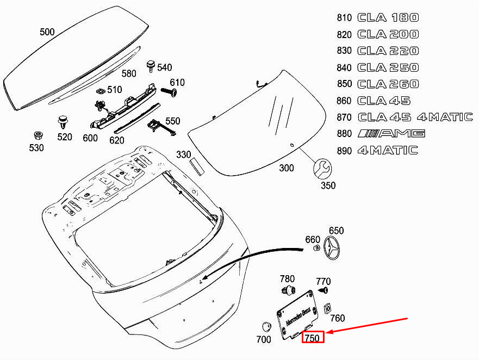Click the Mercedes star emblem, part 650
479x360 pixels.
(332, 248)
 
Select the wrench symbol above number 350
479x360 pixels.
(322, 169)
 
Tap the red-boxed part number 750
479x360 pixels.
(313, 337)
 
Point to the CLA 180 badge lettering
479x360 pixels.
(388, 17)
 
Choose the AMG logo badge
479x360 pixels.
(391, 133)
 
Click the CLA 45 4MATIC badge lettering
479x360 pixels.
(415, 117)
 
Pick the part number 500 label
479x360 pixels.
(47, 32)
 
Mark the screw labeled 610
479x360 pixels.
(169, 92)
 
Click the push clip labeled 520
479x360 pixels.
(63, 122)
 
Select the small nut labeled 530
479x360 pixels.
(38, 135)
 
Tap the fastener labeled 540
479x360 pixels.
(151, 66)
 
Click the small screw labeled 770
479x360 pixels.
(324, 290)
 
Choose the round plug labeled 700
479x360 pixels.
(267, 326)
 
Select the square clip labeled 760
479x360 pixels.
(327, 309)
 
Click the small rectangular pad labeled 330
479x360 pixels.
(196, 167)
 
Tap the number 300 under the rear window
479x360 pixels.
(286, 168)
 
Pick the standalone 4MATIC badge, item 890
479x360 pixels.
(388, 150)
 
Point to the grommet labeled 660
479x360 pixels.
(316, 247)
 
